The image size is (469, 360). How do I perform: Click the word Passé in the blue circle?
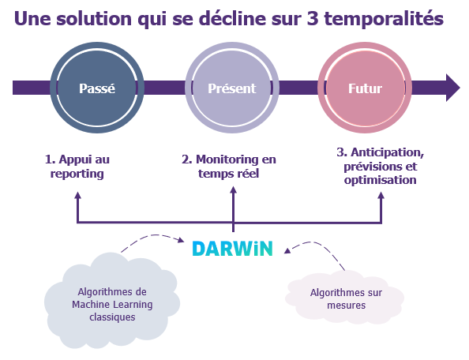[x=97, y=88]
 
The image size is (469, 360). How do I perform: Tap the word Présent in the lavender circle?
[x=232, y=88]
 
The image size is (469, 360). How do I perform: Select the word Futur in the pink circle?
[x=365, y=88]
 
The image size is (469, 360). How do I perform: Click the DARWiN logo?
[x=232, y=249]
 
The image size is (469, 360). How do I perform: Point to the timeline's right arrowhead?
[x=453, y=88]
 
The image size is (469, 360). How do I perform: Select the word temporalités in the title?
[x=384, y=18]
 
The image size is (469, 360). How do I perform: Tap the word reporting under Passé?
[x=77, y=174]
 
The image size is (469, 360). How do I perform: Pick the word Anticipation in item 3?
[x=388, y=153]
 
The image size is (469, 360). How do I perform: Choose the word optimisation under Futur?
[x=380, y=180]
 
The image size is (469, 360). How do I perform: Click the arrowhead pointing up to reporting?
[x=77, y=195]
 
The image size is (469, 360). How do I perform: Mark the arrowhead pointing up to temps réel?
[x=233, y=190]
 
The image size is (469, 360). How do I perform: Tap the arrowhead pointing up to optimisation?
[x=381, y=195]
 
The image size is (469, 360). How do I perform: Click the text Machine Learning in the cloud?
[x=112, y=305]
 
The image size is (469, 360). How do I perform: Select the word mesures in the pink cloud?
[x=347, y=306]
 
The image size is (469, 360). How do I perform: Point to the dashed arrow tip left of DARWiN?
[x=181, y=240]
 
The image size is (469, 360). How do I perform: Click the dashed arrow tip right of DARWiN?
[x=287, y=250]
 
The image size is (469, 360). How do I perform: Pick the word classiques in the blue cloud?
[x=112, y=317]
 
